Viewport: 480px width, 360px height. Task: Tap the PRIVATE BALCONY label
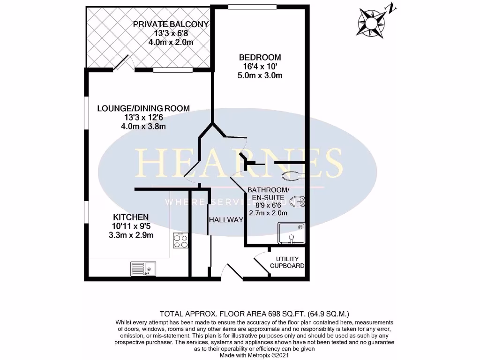171,24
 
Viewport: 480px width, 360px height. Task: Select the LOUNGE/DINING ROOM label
143,108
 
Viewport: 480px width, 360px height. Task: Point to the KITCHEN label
131,217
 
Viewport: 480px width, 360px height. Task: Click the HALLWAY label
226,220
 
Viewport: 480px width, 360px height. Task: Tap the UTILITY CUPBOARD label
287,262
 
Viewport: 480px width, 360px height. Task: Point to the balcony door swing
122,62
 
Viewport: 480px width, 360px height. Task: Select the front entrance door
232,272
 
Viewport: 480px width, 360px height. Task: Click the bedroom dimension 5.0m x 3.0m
260,75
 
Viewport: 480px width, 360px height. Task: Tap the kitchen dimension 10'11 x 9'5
131,226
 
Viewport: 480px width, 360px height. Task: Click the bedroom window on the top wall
252,7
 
